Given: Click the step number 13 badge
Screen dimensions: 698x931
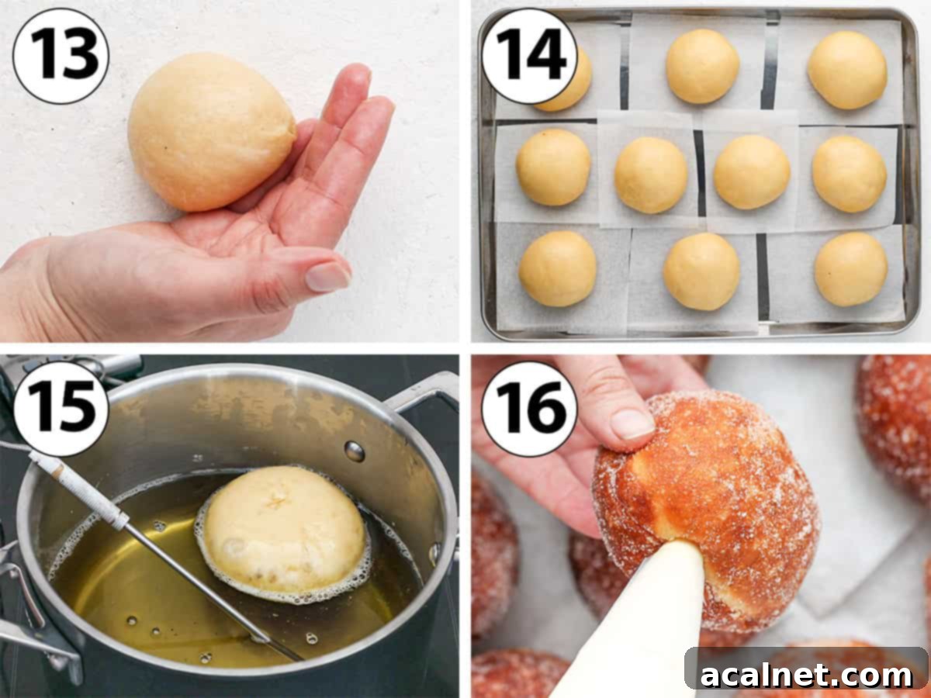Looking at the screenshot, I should pos(61,56).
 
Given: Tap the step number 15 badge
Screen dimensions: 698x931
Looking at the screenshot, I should pos(61,408).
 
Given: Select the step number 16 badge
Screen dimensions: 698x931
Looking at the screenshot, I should pos(530,408).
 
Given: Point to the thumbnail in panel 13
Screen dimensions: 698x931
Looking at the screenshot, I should pos(327,276).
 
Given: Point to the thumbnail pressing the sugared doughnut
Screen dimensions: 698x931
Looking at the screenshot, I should pos(632,423).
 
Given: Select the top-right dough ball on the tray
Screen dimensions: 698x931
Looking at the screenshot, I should pos(846,71).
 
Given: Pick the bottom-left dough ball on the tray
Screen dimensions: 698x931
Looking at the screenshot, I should pos(557,268).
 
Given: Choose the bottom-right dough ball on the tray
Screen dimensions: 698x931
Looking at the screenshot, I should pos(850,269).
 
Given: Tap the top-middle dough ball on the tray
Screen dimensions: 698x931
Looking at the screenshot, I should pos(702,66).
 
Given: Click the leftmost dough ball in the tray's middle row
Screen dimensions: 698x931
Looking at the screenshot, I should pos(553,167).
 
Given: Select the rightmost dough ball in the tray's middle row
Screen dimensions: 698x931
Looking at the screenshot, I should pos(849,173).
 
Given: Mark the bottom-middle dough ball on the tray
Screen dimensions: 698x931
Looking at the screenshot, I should pos(701,271).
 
